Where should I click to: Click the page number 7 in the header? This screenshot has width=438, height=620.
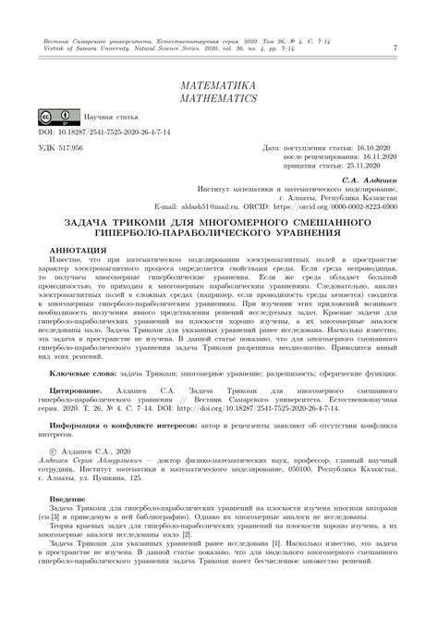point(395,47)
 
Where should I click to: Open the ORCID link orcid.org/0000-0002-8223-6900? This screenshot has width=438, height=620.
point(341,205)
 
